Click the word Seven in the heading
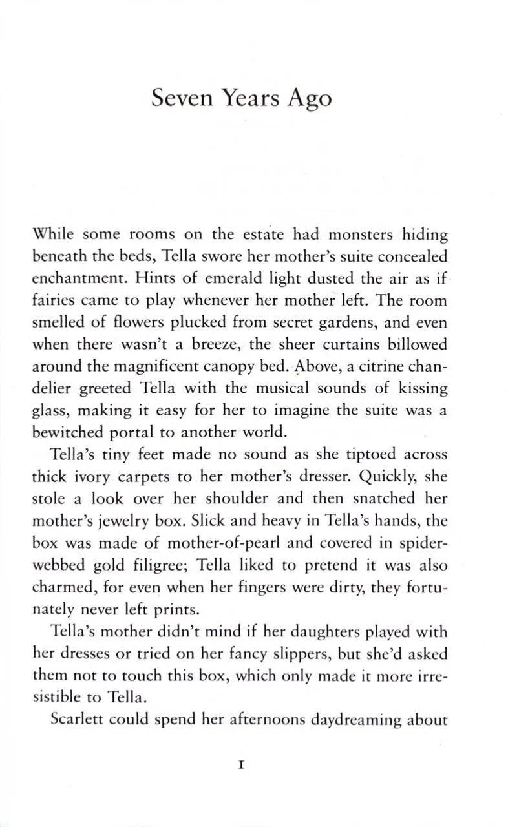pos(182,99)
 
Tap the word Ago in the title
pos(310,99)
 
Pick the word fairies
pos(54,300)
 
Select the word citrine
pos(373,366)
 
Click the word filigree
pos(157,565)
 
